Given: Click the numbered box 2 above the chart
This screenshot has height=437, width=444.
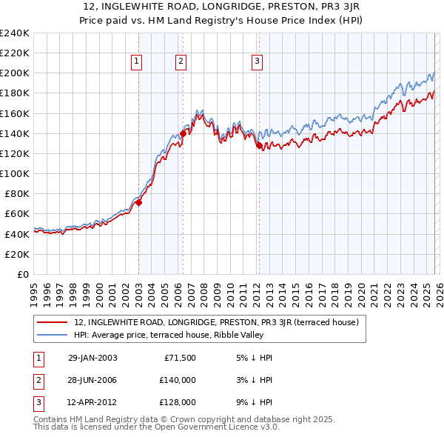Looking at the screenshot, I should (181, 61).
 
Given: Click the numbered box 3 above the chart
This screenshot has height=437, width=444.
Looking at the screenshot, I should (257, 61).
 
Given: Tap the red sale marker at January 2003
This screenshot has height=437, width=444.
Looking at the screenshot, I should (138, 202).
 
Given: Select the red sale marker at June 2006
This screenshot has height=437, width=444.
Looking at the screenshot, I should (183, 133).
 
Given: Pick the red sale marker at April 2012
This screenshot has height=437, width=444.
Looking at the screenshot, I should (259, 146).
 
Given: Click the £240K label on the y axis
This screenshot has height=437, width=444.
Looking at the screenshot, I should (14, 33).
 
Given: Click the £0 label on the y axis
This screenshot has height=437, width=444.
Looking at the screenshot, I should (21, 274).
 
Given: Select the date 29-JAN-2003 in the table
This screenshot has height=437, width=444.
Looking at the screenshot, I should (92, 358).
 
